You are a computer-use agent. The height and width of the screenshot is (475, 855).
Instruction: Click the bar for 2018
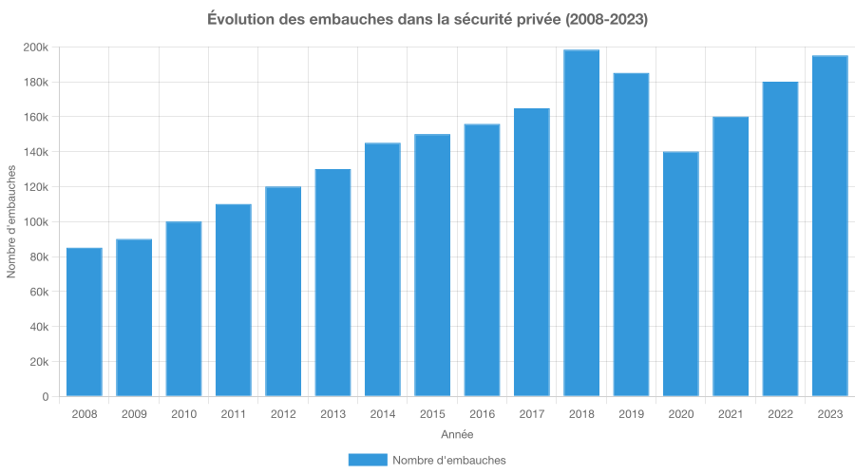click(x=581, y=223)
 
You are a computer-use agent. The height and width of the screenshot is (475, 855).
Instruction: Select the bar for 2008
click(x=84, y=322)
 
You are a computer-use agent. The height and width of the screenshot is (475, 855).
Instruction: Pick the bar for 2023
click(x=829, y=226)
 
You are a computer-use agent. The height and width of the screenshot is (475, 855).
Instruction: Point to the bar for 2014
click(x=382, y=270)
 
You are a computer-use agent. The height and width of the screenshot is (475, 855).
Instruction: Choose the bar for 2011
click(x=233, y=300)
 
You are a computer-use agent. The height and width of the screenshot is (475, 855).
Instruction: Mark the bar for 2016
click(x=482, y=260)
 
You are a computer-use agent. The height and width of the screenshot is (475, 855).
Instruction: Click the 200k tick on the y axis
click(x=38, y=47)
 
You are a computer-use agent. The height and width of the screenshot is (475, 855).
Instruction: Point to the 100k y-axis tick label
click(x=38, y=222)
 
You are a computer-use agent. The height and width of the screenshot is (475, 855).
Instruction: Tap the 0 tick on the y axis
click(x=45, y=397)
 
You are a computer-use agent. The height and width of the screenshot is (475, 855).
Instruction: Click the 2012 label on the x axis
click(x=283, y=414)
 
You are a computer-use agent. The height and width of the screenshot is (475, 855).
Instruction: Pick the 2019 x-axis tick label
click(x=631, y=414)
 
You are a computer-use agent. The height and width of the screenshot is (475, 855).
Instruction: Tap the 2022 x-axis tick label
click(x=780, y=414)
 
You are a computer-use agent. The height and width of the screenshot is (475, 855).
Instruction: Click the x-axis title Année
click(x=457, y=434)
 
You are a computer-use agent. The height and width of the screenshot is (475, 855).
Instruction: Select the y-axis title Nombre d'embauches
click(x=12, y=222)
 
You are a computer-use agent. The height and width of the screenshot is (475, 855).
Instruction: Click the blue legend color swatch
click(x=367, y=460)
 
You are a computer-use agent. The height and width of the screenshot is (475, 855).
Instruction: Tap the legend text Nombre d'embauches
click(x=449, y=460)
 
